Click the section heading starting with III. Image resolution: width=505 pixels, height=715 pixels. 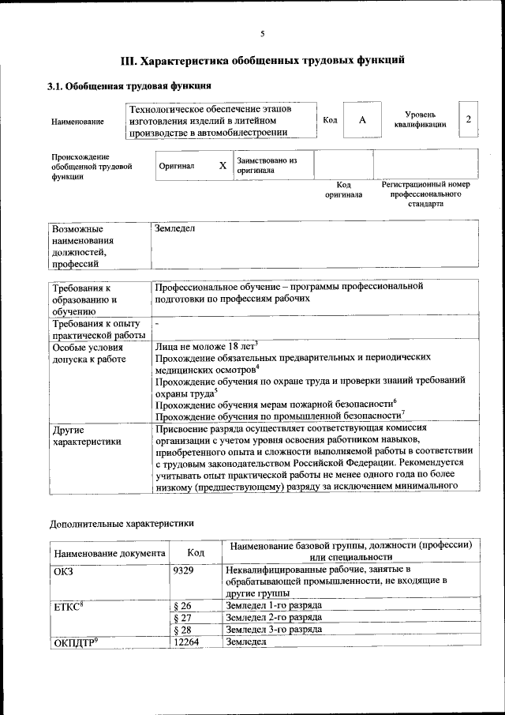click(x=263, y=59)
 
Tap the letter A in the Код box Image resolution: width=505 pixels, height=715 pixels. click(x=362, y=119)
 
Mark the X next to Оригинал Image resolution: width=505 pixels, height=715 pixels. click(x=223, y=167)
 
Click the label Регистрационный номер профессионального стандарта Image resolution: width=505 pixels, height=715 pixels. click(x=425, y=194)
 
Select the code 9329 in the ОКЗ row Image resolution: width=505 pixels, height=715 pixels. click(x=183, y=570)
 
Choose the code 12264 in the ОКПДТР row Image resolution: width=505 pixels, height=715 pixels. click(x=186, y=642)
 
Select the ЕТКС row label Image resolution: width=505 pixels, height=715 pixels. click(x=69, y=606)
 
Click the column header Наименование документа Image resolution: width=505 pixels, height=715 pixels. click(x=110, y=552)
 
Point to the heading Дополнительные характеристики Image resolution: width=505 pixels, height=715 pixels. click(x=121, y=523)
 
